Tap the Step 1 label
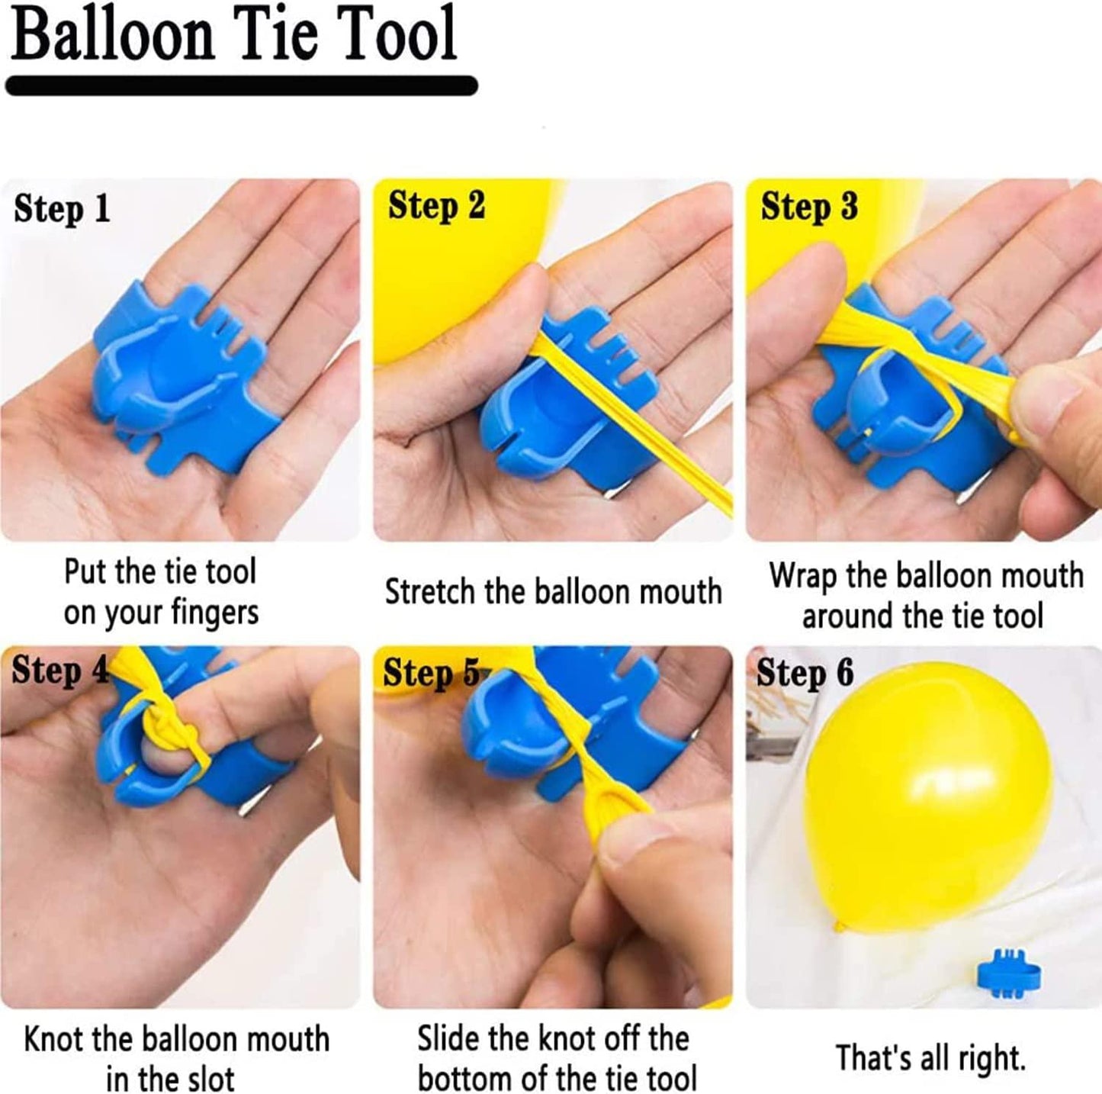point(62,209)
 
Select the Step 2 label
point(436,207)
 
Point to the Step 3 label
point(809,208)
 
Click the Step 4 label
point(60,670)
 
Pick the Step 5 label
point(431,671)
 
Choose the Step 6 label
point(805,673)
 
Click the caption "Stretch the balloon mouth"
point(553,592)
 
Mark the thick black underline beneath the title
point(241,85)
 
